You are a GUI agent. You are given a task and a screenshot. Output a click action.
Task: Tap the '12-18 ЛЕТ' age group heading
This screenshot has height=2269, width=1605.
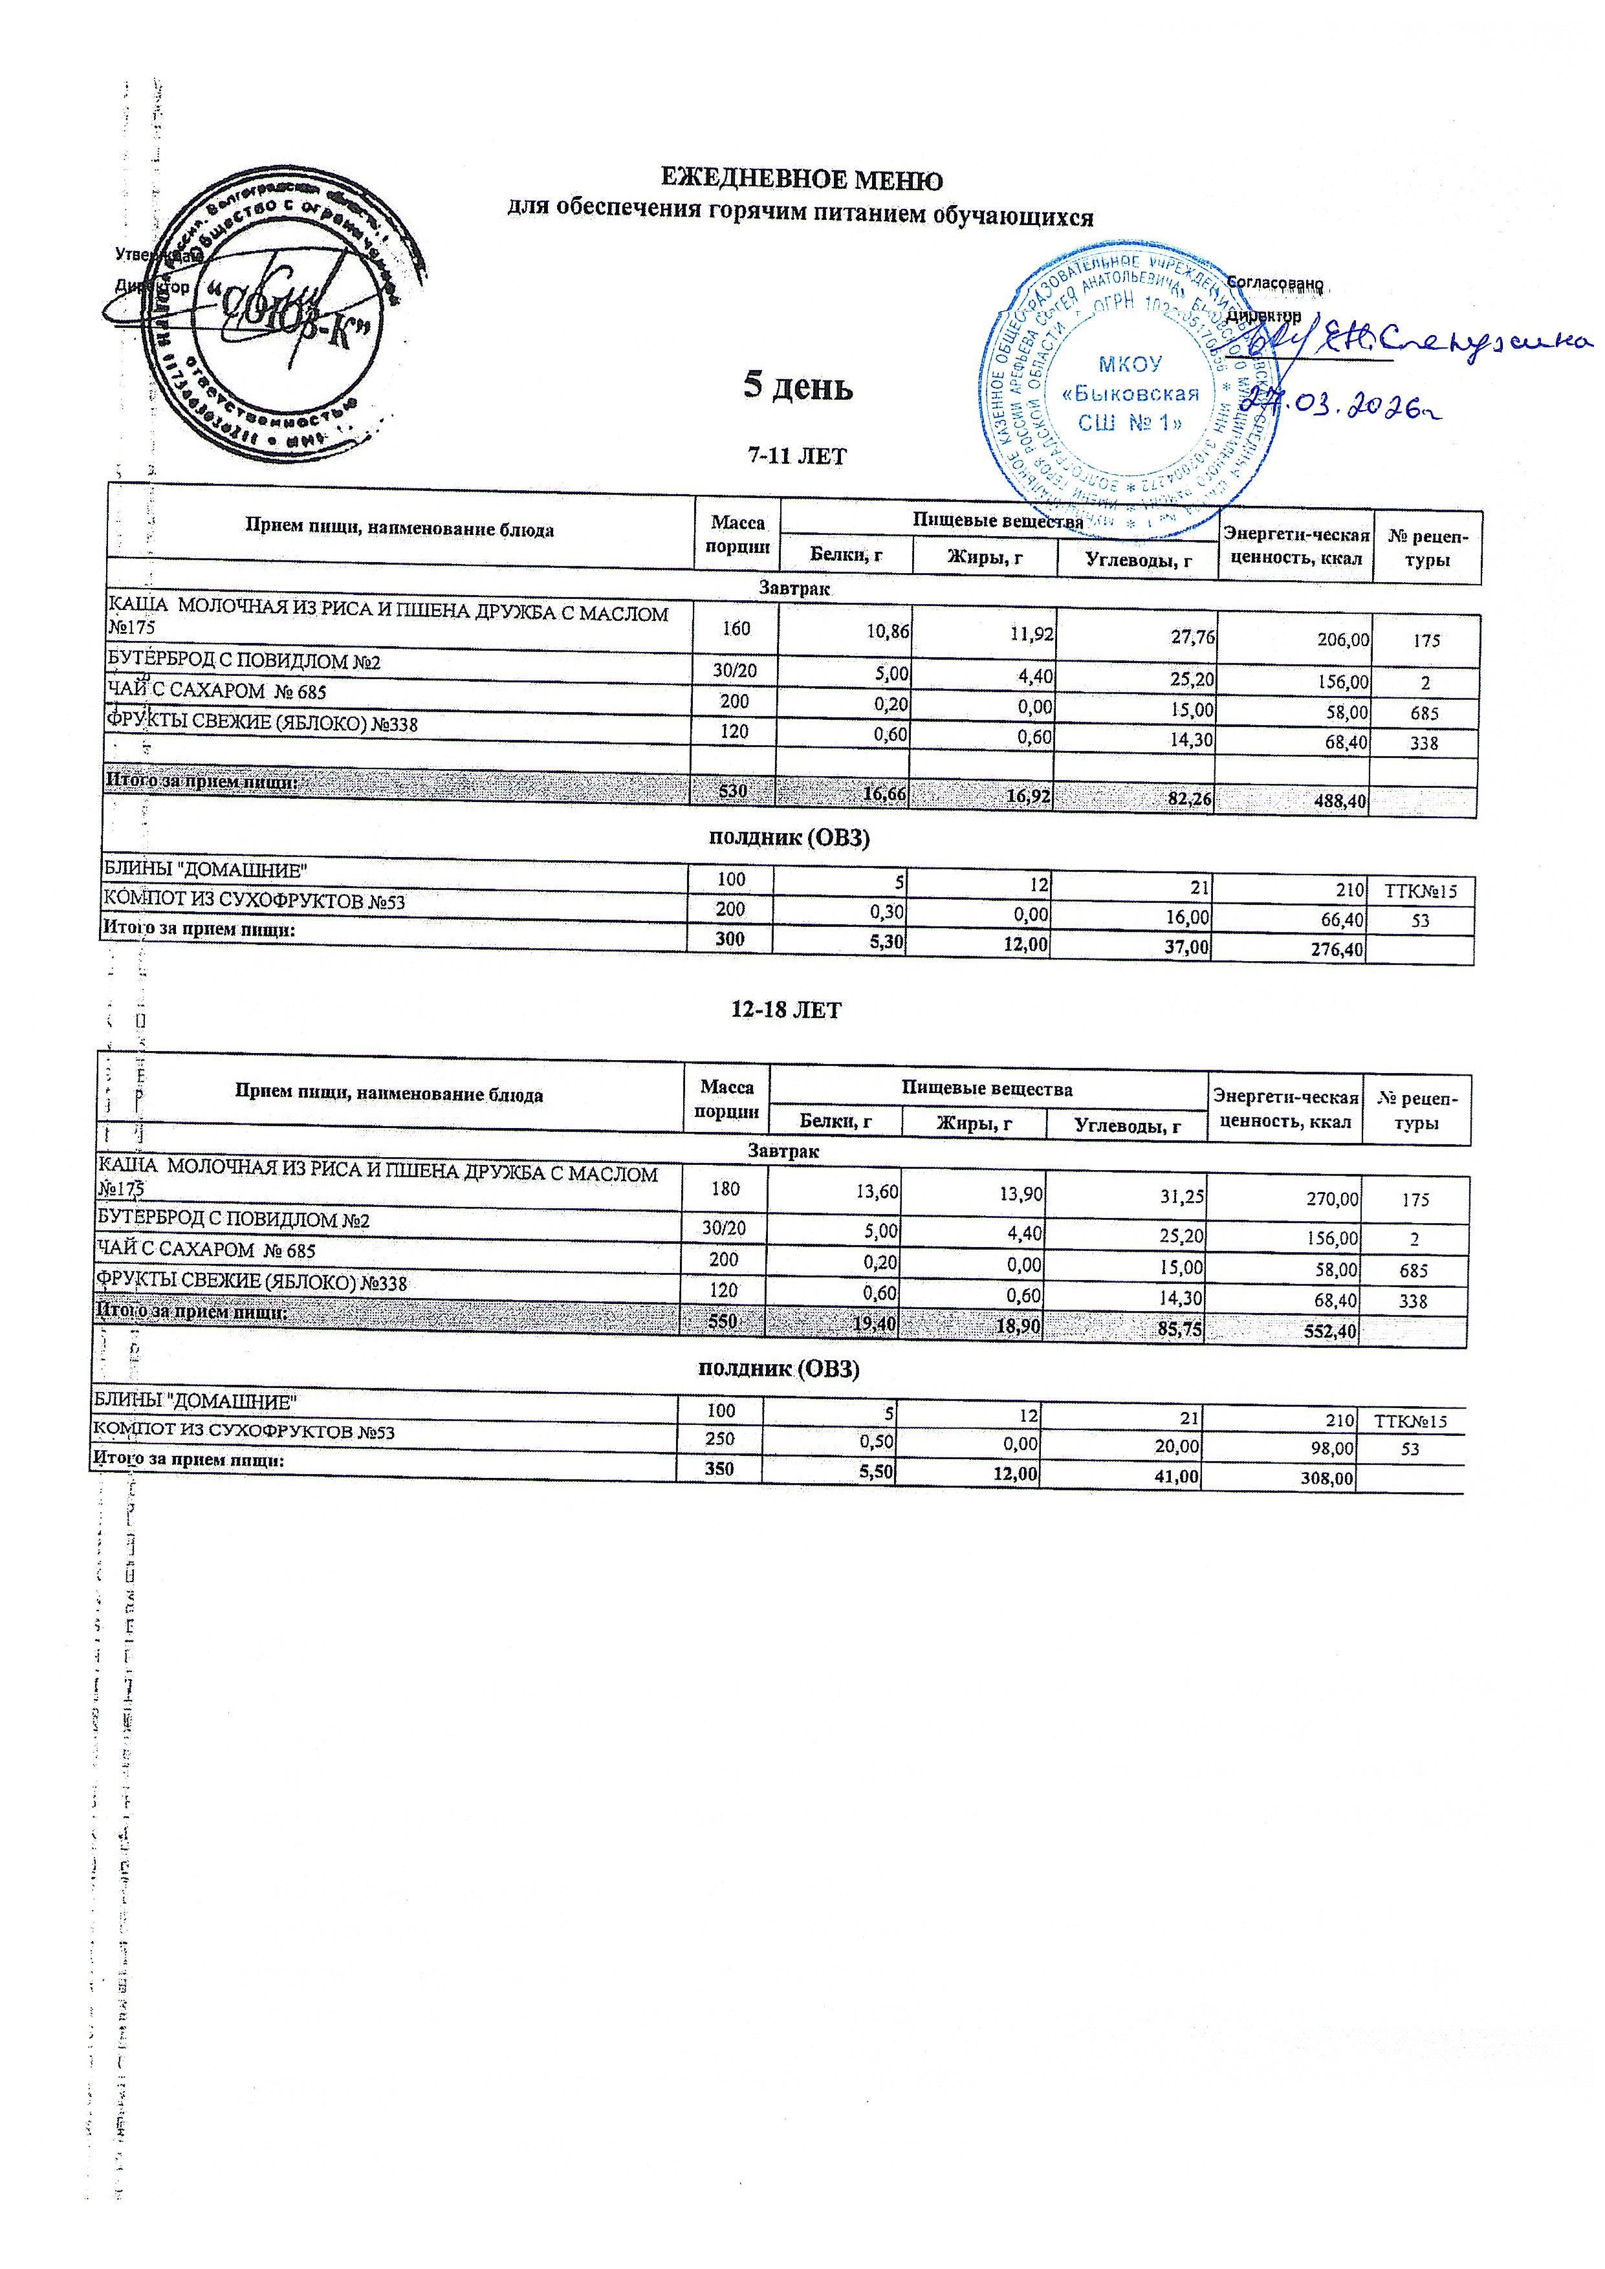coord(786,1010)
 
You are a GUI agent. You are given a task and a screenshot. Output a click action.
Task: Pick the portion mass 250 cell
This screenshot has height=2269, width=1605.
coord(719,1440)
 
